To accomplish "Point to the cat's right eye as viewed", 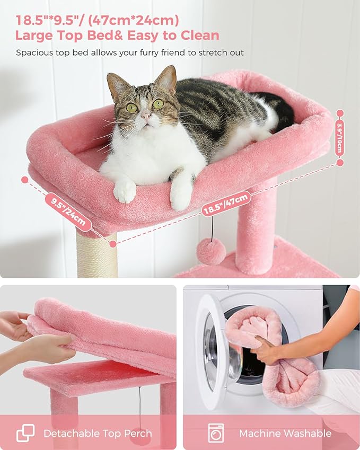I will click(158, 104).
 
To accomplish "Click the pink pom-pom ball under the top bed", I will click(211, 251).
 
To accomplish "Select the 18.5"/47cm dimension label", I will click(226, 204).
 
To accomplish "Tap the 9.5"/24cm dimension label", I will click(68, 211).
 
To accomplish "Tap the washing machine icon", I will click(216, 433).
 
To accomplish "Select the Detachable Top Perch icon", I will click(25, 433).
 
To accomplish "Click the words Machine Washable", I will click(285, 433).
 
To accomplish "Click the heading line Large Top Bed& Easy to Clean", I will click(117, 36).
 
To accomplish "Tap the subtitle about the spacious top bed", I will click(130, 52).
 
